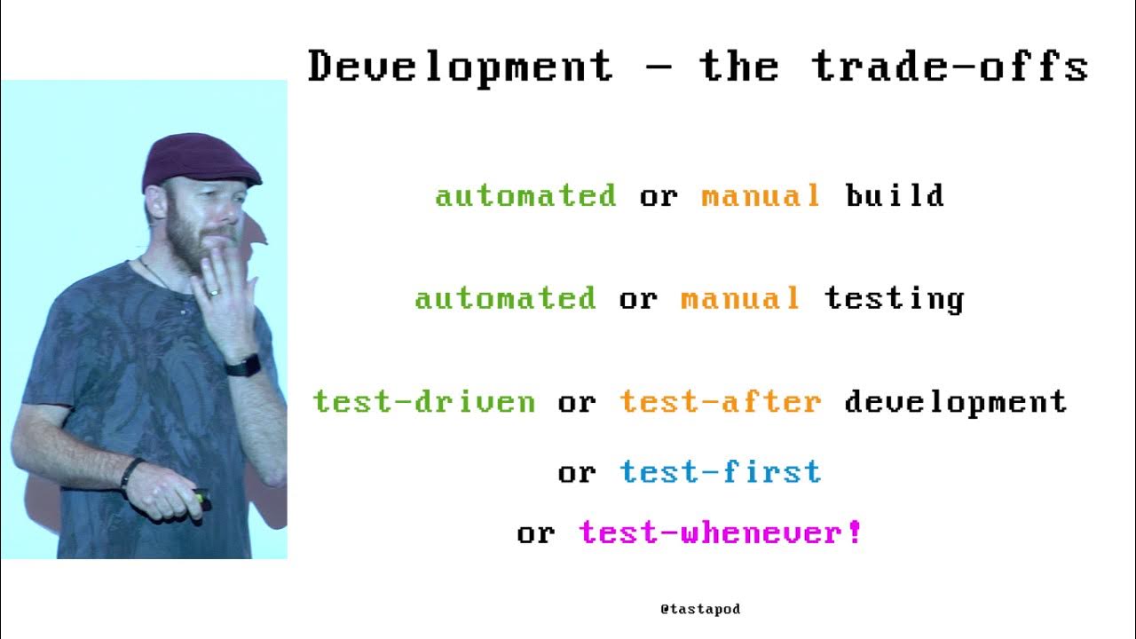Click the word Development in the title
(460, 67)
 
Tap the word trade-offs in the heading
(950, 67)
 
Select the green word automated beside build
(525, 195)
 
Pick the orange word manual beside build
(761, 195)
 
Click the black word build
(895, 195)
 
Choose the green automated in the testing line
(505, 298)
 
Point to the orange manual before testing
(740, 298)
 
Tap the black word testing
(894, 299)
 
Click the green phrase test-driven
(424, 402)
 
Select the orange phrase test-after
(721, 402)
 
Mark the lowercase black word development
(955, 403)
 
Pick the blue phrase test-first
(721, 472)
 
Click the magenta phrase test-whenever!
(720, 532)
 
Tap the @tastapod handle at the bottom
(700, 609)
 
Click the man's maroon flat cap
(199, 160)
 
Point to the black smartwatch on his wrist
(243, 365)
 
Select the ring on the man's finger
(212, 290)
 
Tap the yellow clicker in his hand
(201, 498)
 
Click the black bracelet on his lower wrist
(130, 471)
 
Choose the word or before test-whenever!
(536, 533)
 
